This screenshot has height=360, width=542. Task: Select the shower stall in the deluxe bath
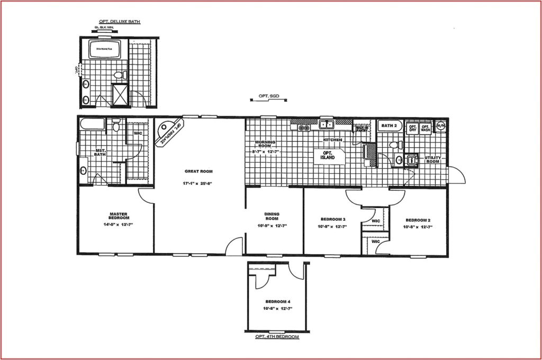[120, 95]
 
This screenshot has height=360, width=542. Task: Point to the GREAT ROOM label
[198, 171]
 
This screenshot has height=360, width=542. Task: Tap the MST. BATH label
[100, 152]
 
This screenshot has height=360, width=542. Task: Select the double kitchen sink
[326, 125]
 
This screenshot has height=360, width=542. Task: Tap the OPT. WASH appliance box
[425, 128]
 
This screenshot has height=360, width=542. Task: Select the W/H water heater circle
[441, 126]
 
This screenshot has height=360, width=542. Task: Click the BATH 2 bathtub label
[390, 126]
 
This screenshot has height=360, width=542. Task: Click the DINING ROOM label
[272, 217]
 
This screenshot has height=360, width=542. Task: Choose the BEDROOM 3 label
[333, 219]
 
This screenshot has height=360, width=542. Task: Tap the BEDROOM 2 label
[418, 220]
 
